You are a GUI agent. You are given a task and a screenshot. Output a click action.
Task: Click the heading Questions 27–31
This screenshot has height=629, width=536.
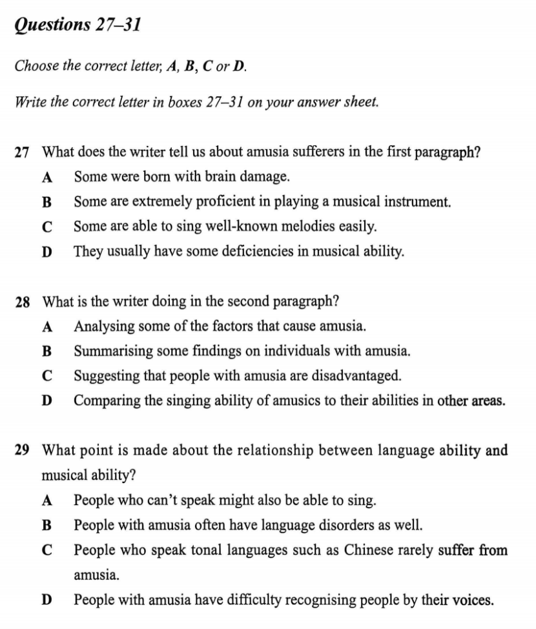(x=78, y=25)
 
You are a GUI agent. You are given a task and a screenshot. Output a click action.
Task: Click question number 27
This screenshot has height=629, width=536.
(x=23, y=152)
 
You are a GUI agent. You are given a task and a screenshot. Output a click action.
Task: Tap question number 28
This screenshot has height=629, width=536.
(x=23, y=302)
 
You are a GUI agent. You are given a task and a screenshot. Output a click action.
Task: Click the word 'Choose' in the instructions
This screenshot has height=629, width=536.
(x=37, y=66)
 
